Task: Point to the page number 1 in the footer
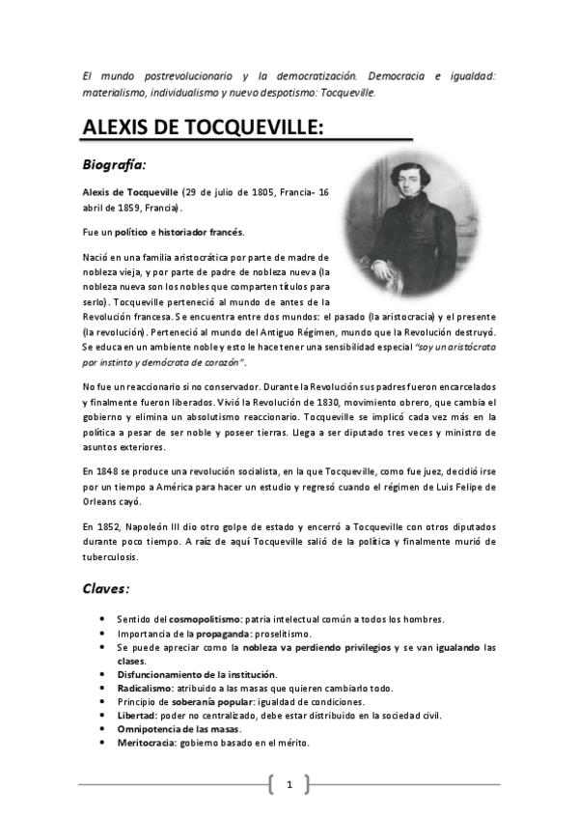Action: [x=289, y=784]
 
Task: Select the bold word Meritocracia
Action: [x=149, y=743]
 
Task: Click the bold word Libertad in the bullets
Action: [x=136, y=715]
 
